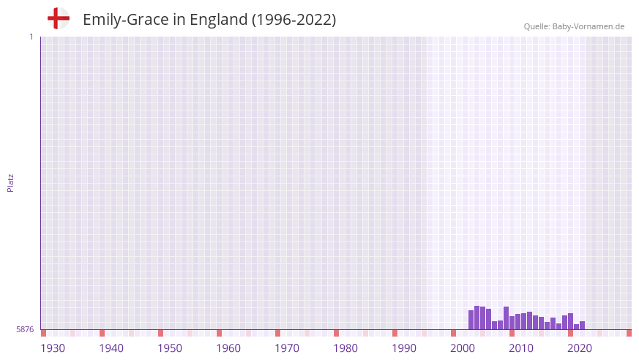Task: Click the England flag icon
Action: (x=58, y=18)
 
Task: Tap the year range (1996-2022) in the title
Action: (x=294, y=20)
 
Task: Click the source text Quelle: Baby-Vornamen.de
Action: (x=574, y=26)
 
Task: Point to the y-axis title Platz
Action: (x=10, y=182)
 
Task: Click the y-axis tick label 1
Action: (x=31, y=37)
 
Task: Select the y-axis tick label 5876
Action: (x=25, y=330)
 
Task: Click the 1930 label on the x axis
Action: (x=53, y=348)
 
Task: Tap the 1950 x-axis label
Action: (x=170, y=348)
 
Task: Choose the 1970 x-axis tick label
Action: (x=287, y=348)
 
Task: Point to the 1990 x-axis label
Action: (x=404, y=348)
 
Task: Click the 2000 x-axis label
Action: (x=463, y=348)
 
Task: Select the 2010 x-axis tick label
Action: (x=521, y=348)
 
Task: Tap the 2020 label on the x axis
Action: (x=580, y=348)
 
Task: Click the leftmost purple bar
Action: (x=471, y=320)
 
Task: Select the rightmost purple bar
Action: (x=583, y=326)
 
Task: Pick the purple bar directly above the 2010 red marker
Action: (x=512, y=323)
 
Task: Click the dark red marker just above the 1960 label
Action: (x=219, y=333)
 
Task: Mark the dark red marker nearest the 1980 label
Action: (x=336, y=333)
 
